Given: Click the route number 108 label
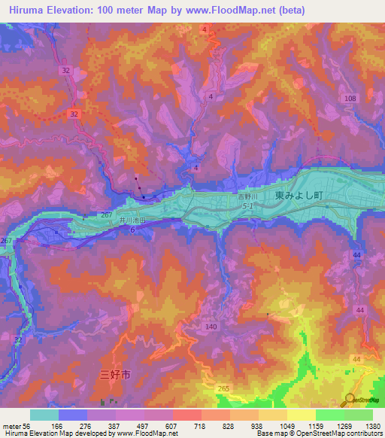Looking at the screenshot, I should coord(350,99).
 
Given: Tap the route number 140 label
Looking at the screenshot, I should coord(211,327).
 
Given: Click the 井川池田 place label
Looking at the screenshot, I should coord(131,220).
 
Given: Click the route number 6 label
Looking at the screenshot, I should coord(132,230).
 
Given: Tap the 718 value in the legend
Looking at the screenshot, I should coord(201,425).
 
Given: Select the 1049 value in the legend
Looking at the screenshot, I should coord(286,425).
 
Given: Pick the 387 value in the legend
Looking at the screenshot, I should coord(115,425).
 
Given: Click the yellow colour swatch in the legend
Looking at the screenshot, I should coord(301,415).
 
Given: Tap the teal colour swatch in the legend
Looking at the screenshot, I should coord(44,415).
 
